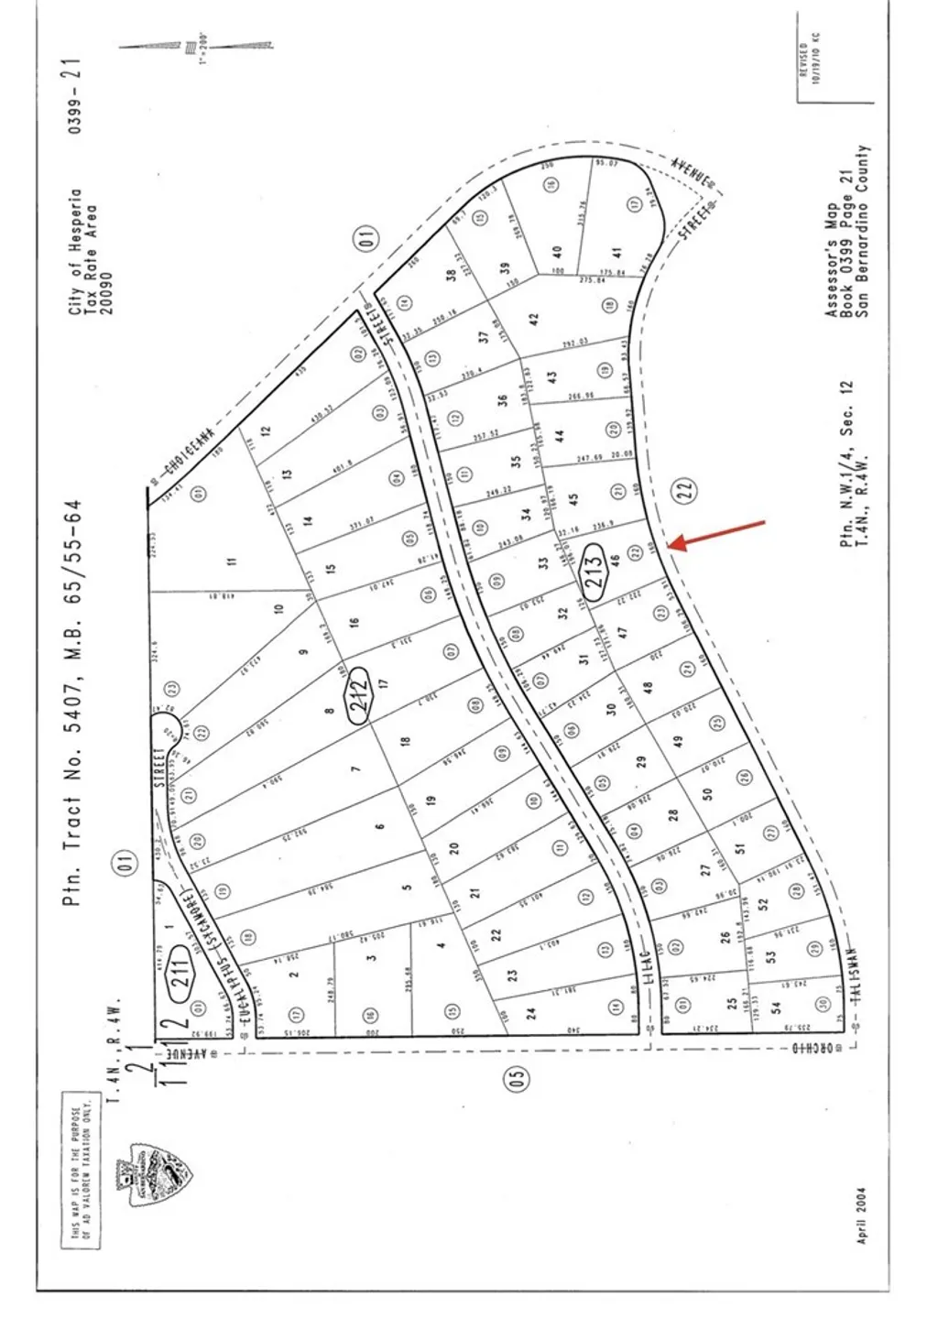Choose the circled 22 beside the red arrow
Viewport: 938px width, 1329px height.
point(689,490)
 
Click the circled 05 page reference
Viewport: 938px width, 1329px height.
point(517,1081)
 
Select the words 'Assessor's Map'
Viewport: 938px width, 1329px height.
point(832,260)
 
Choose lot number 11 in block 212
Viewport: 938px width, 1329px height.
point(231,561)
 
